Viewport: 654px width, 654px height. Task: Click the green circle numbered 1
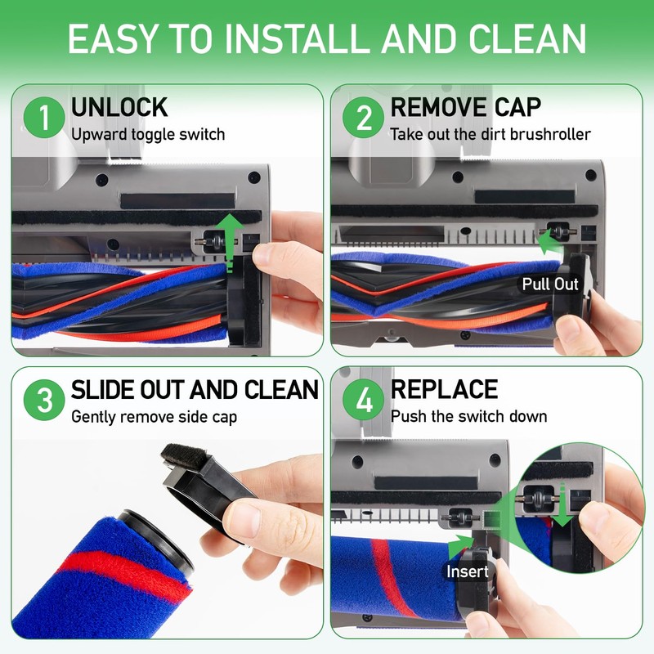pyautogui.click(x=44, y=117)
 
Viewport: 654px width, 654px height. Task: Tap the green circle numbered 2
pyautogui.click(x=363, y=117)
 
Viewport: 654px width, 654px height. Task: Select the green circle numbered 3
pyautogui.click(x=44, y=400)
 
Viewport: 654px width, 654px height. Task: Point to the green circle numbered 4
pyautogui.click(x=363, y=400)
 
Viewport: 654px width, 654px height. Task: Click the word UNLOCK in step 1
pyautogui.click(x=119, y=107)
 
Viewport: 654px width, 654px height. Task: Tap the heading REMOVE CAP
pyautogui.click(x=465, y=107)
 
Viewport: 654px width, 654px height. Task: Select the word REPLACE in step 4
pyautogui.click(x=444, y=389)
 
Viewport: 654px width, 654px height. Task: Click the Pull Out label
pyautogui.click(x=550, y=284)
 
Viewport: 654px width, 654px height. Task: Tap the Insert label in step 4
pyautogui.click(x=467, y=571)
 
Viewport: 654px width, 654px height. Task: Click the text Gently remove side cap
pyautogui.click(x=154, y=417)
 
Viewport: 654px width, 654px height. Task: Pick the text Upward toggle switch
pyautogui.click(x=148, y=135)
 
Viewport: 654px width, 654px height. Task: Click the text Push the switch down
pyautogui.click(x=468, y=416)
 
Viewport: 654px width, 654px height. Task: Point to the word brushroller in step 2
pyautogui.click(x=549, y=134)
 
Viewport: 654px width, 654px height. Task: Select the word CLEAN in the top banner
pyautogui.click(x=527, y=38)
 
